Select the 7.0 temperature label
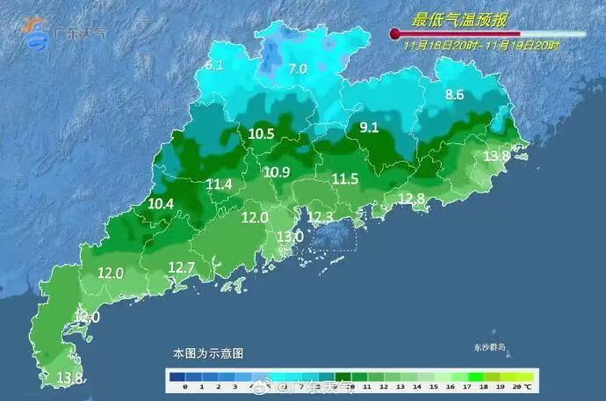tap(298, 69)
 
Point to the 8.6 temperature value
tap(454, 94)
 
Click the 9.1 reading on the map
tap(369, 128)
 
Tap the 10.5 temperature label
tap(261, 135)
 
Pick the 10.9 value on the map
tap(277, 171)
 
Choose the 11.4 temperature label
tap(220, 185)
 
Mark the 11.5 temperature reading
tap(345, 179)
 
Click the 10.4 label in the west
tap(161, 203)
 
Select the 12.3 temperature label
tap(321, 216)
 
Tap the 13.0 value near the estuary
tap(291, 237)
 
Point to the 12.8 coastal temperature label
tap(411, 199)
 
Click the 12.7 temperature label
tap(181, 267)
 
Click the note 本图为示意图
tap(208, 353)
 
